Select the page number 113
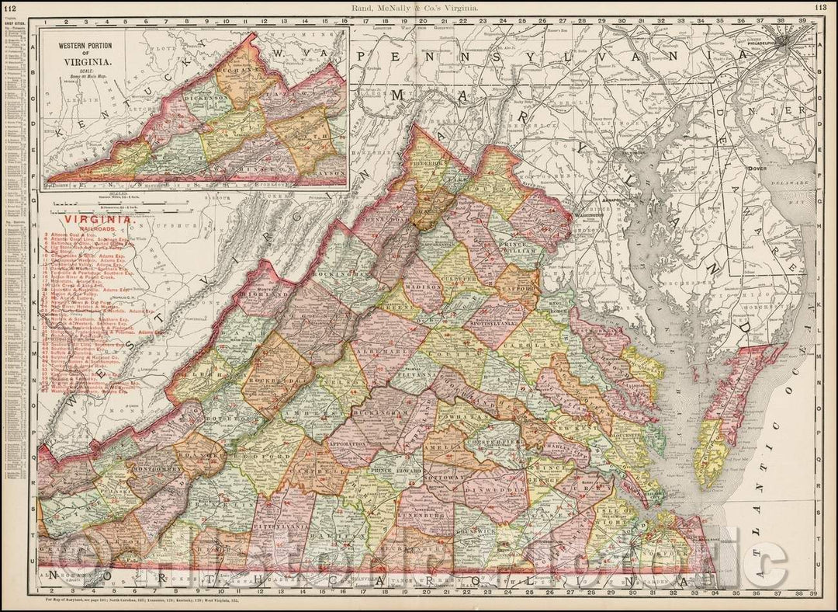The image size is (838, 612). (x=822, y=7)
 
